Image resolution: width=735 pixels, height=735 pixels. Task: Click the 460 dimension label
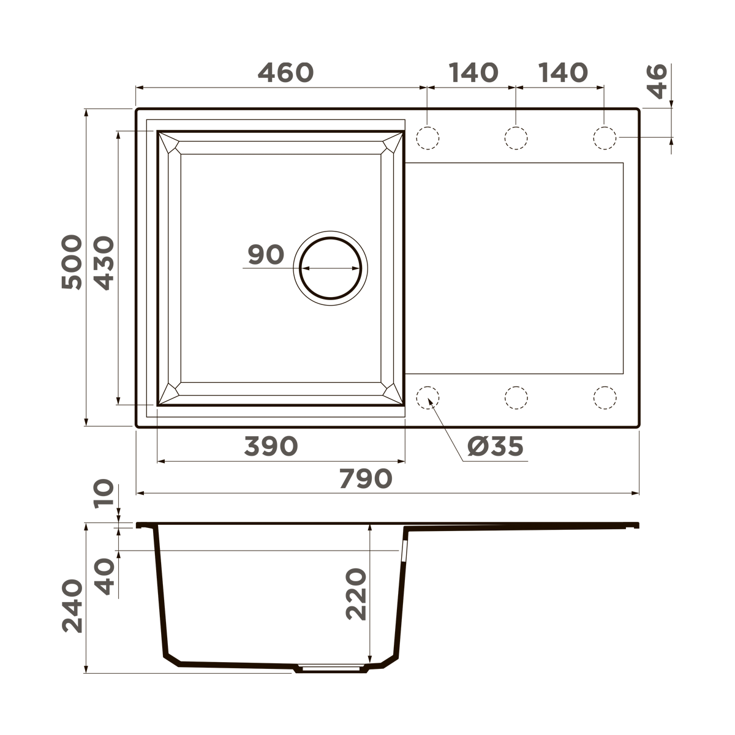point(285,73)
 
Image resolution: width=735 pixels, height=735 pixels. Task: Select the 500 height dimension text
point(72,262)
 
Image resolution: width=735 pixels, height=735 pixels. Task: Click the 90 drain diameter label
point(266,255)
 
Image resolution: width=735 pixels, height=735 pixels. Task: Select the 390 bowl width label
point(271,447)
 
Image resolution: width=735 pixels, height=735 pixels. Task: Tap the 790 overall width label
point(365,479)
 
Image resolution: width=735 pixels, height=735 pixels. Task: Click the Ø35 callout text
point(495,447)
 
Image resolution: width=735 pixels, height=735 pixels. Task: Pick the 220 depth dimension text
point(356,594)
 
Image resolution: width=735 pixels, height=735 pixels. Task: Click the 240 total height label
point(72,606)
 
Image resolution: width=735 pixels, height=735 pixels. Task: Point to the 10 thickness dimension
point(104,494)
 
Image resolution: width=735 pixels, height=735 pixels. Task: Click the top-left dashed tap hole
point(428,138)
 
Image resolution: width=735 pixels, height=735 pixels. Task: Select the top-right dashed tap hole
point(605,138)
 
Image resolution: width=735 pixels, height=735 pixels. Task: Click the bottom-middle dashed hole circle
point(516,398)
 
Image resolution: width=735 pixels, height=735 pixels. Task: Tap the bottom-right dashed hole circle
point(605,398)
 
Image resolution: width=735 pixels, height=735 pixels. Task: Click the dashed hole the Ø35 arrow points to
point(428,398)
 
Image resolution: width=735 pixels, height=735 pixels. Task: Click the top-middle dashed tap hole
point(516,138)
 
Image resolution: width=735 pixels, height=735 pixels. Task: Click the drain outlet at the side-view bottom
point(331,668)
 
